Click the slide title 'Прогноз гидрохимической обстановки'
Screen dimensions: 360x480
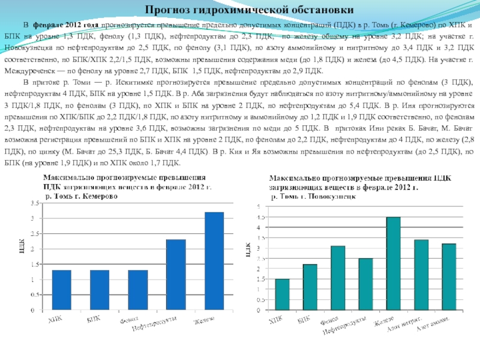[x=239, y=10]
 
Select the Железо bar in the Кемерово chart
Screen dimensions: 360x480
[x=214, y=262]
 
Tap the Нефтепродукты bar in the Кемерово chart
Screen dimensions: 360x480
[x=176, y=275]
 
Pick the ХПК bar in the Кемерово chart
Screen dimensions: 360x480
[x=61, y=290]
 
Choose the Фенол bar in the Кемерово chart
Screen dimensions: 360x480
[x=137, y=290]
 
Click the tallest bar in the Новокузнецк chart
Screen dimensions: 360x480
[x=393, y=263]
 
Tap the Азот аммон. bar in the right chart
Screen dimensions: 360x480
[x=449, y=277]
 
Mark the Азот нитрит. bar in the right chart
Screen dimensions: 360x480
[x=421, y=274]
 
